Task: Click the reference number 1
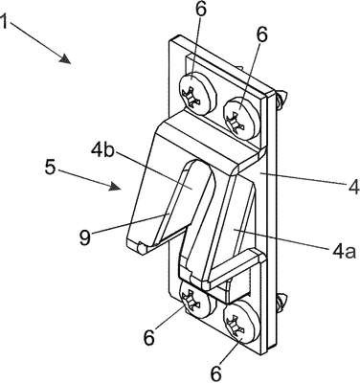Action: point(3,21)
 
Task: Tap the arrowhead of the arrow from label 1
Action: point(66,59)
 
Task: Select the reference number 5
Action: point(51,168)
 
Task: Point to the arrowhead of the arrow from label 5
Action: point(115,186)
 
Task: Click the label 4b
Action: point(102,150)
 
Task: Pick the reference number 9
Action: point(85,238)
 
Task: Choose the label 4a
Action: point(344,252)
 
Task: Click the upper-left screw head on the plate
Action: point(196,93)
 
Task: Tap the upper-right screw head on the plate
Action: point(242,119)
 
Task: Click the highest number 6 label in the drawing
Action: point(200,9)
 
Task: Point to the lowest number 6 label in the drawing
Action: point(216,372)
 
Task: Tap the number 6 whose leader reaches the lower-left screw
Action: point(149,338)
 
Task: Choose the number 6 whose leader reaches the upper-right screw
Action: point(261,35)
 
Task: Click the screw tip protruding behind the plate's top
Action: point(281,99)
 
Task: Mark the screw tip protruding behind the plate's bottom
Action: point(281,301)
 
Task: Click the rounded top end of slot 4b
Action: point(198,164)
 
